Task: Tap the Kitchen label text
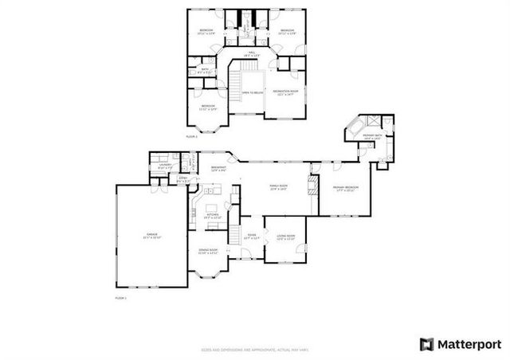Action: click(213, 215)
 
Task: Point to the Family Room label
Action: click(278, 188)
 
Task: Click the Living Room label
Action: click(285, 237)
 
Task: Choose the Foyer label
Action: click(251, 237)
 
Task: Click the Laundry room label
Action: click(165, 166)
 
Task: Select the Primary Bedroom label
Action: click(343, 189)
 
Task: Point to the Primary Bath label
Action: click(373, 137)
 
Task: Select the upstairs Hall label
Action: click(252, 53)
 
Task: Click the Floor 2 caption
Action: click(191, 137)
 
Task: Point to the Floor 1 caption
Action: click(121, 297)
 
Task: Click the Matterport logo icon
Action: click(427, 344)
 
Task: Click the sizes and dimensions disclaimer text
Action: click(255, 349)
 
